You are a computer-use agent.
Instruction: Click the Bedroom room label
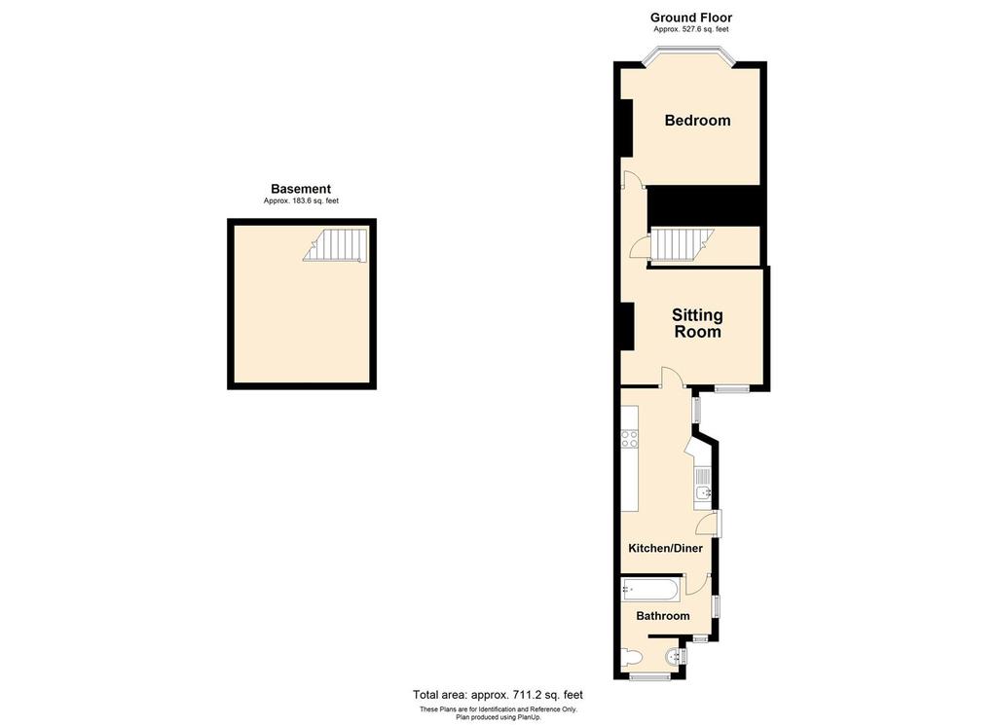coord(697,121)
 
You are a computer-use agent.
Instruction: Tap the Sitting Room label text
coord(697,323)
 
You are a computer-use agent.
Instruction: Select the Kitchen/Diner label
coord(665,549)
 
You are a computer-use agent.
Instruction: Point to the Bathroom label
coord(663,616)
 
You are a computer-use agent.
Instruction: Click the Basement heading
coord(301,189)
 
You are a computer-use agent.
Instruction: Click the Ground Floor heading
coord(691,18)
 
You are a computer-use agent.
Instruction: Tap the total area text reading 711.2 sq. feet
coord(498,695)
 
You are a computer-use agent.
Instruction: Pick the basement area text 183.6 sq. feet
coord(301,201)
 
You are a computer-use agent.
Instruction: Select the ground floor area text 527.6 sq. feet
coord(691,30)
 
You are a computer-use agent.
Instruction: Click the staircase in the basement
coord(337,245)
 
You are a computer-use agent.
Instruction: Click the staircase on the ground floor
coord(681,244)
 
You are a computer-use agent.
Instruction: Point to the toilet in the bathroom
coord(631,659)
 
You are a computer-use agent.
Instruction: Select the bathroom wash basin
coord(673,660)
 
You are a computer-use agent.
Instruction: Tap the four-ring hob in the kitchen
coord(630,439)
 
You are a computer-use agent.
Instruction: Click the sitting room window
coord(732,389)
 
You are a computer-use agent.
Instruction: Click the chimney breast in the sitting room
coord(628,326)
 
